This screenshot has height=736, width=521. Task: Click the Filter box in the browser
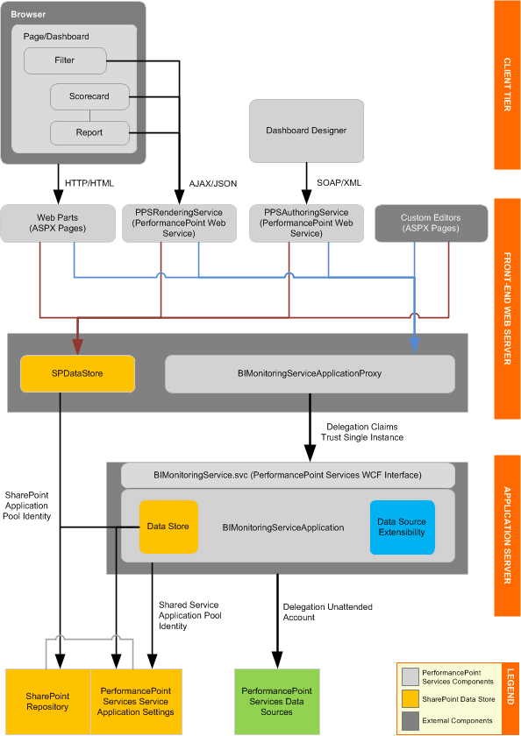tap(65, 61)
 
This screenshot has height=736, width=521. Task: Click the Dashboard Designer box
tap(306, 131)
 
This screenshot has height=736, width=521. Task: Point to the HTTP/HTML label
tap(89, 183)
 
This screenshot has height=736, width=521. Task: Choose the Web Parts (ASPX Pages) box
tap(58, 223)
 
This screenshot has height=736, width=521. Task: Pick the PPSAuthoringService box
tap(306, 223)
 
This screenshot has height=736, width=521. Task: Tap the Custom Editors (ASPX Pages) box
tap(430, 223)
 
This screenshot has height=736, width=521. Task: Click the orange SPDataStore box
tap(78, 372)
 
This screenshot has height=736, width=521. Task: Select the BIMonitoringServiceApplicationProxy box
tap(310, 372)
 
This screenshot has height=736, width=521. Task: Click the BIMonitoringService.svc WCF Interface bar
tap(288, 475)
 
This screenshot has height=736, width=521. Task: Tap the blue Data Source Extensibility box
tap(402, 527)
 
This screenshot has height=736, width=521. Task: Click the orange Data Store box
tap(168, 527)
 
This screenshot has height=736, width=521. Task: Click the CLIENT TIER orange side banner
tap(507, 84)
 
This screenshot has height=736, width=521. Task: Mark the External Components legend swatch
tap(409, 719)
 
